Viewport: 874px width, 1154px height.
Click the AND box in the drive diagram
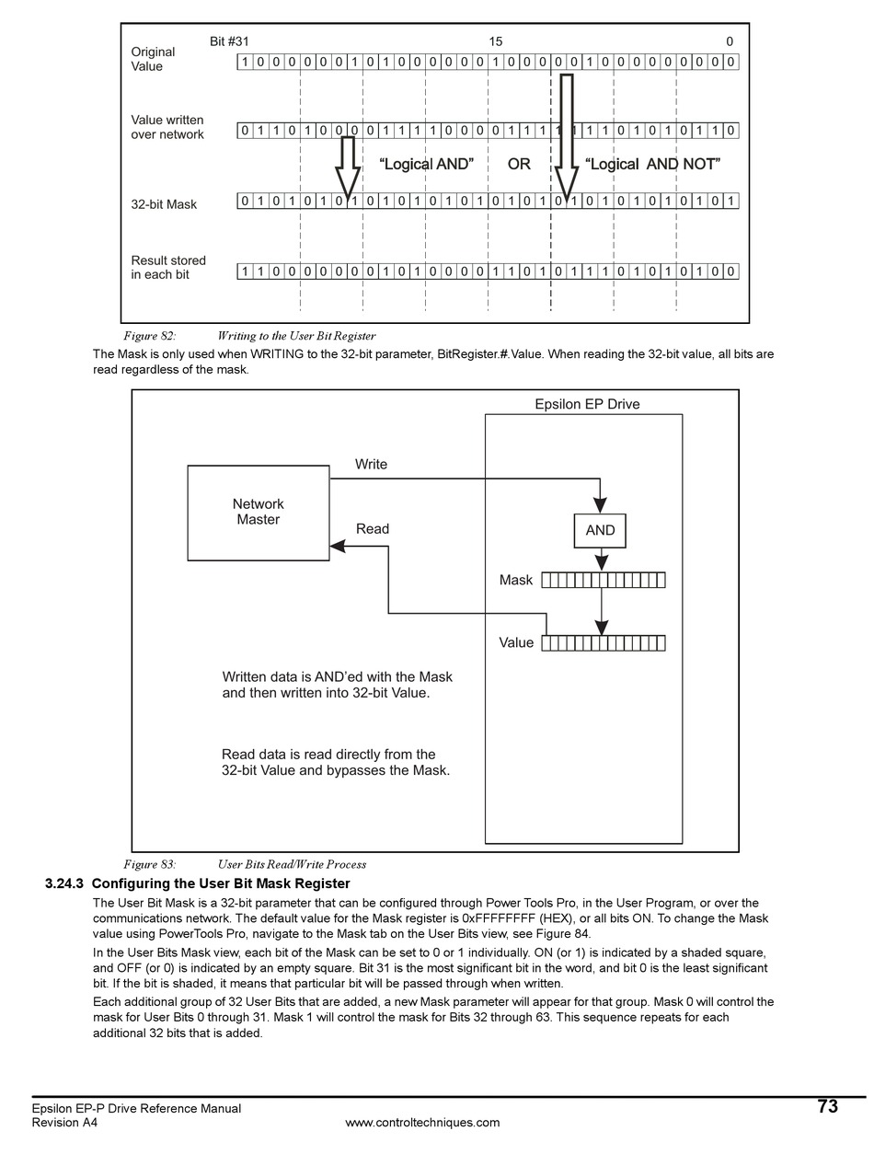click(x=600, y=531)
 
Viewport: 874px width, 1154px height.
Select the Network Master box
click(x=259, y=513)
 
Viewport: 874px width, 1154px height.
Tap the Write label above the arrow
click(x=371, y=465)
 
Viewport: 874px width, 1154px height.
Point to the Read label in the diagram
click(x=372, y=529)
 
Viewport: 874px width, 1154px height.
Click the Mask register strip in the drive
click(x=604, y=580)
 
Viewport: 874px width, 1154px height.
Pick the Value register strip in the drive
click(x=604, y=643)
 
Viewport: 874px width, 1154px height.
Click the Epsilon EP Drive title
click(x=587, y=404)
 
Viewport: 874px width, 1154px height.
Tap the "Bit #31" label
click(x=229, y=41)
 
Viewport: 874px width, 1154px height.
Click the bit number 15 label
click(x=495, y=41)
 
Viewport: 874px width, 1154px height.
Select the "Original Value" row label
click(x=153, y=59)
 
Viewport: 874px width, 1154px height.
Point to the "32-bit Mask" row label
click(x=164, y=204)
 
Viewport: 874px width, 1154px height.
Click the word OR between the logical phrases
click(x=519, y=164)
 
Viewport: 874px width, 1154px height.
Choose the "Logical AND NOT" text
click(x=652, y=164)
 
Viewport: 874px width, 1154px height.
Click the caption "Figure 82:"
click(x=149, y=336)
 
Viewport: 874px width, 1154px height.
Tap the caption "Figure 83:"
click(x=149, y=864)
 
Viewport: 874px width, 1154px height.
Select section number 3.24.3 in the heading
click(x=64, y=883)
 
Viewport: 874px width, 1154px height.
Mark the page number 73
click(x=827, y=1107)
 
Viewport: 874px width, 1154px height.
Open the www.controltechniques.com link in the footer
click(x=422, y=1122)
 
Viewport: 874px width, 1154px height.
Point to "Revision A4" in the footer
click(x=64, y=1122)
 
